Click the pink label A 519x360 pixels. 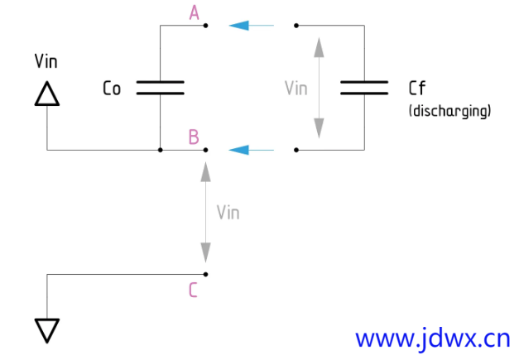(195, 12)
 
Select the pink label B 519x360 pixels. (194, 137)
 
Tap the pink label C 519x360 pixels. (193, 290)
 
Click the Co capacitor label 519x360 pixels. (113, 88)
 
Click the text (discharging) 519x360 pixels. (450, 109)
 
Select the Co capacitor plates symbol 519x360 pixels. (160, 88)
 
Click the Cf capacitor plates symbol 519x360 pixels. (364, 88)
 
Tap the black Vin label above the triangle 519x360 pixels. (46, 61)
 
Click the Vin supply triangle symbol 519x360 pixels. (47, 94)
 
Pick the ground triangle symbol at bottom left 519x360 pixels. (47, 329)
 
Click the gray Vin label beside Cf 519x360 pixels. (296, 88)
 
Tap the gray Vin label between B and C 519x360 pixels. (228, 212)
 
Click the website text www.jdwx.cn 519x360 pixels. (432, 338)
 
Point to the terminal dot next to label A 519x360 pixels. (205, 26)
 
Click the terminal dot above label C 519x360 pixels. (205, 274)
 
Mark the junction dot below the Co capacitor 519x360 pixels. (160, 150)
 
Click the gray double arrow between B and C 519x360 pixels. (205, 212)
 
